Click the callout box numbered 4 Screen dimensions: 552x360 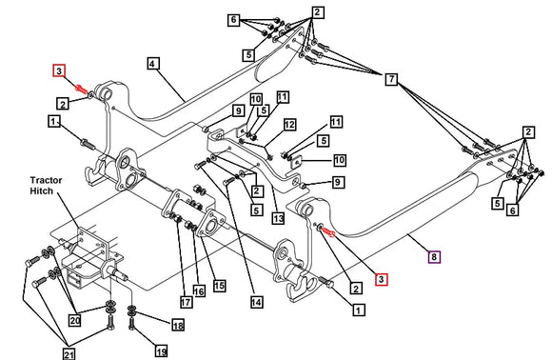pos(152,64)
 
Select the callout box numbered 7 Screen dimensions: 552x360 pos(391,79)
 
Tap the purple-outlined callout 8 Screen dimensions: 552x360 pos(434,257)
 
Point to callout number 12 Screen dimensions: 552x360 pos(289,125)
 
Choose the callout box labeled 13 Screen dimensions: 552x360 pos(278,218)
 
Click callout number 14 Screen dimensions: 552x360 pos(257,302)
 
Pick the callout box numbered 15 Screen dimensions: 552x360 pos(219,286)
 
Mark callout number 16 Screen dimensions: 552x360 pos(199,291)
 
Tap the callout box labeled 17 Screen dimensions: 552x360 pos(187,302)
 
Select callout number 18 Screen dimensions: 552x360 pos(178,325)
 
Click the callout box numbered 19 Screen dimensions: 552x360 pos(161,351)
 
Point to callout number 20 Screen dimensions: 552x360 pos(74,320)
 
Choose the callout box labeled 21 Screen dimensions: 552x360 pos(69,353)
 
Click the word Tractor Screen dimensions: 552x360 pos(46,180)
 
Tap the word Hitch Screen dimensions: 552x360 pos(41,190)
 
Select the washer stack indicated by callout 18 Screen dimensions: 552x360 pos(132,310)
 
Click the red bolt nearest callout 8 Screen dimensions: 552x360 pos(327,232)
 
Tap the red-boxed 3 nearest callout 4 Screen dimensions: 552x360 pos(59,70)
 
